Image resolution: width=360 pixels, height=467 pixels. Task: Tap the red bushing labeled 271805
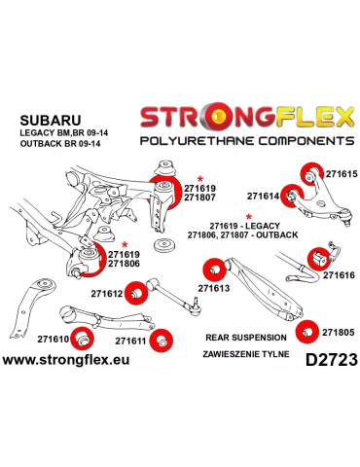click(x=308, y=332)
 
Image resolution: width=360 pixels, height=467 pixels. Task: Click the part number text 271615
click(x=341, y=174)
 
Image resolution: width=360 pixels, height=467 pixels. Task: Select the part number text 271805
click(x=340, y=331)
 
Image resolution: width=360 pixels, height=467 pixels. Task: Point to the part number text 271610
click(x=53, y=340)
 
